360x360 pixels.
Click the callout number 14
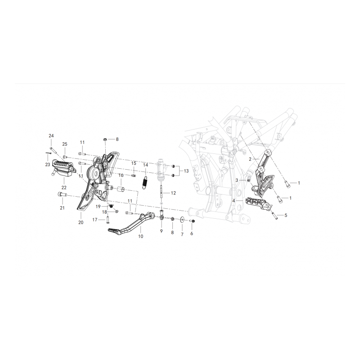coord(145,165)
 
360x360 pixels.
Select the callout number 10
coord(140,236)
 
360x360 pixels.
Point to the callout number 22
coord(64,187)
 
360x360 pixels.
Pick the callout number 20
coord(81,222)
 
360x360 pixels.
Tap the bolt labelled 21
coord(62,194)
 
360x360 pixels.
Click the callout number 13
coord(186,171)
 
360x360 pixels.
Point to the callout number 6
coord(192,234)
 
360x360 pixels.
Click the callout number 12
coord(173,193)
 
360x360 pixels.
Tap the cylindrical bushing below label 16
coord(121,189)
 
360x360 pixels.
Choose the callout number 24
coord(51,136)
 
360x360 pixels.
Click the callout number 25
coord(65,144)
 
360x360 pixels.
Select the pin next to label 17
coord(107,220)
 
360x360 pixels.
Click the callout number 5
coord(286,215)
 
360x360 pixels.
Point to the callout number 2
coord(250,159)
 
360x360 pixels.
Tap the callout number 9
coord(162,231)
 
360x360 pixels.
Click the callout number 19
coord(98,207)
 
